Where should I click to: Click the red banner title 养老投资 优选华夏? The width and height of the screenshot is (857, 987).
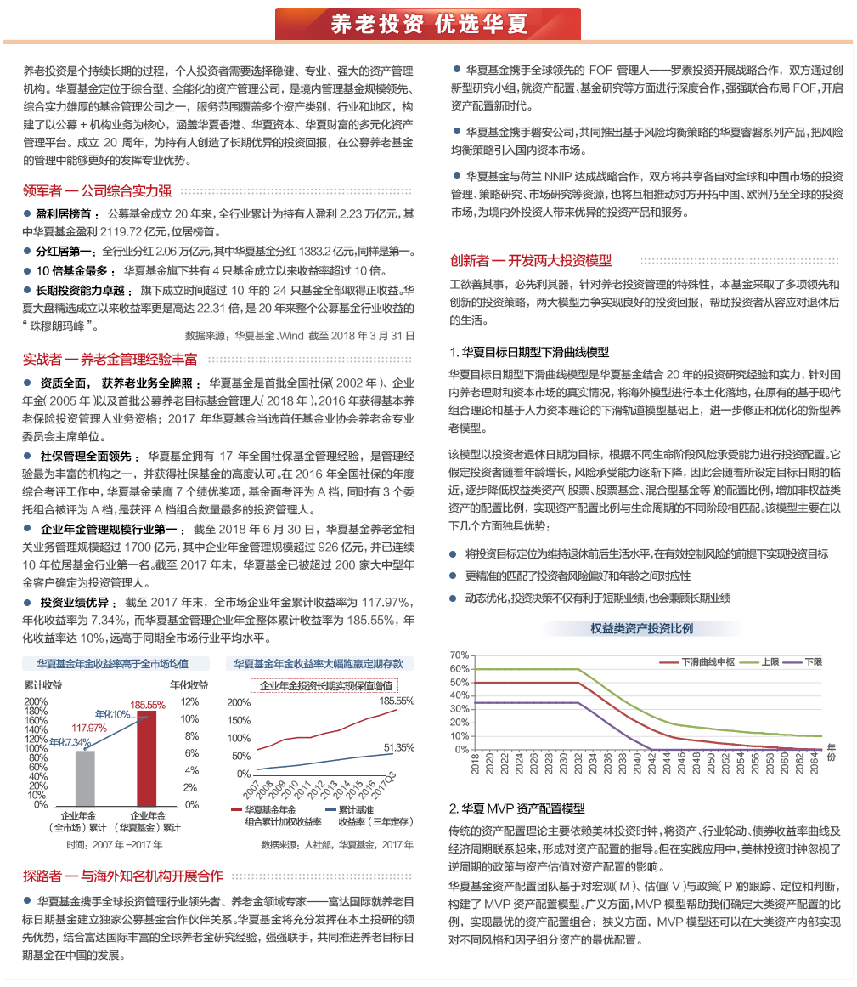[x=428, y=24]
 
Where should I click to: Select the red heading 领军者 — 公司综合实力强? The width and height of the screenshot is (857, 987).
[x=98, y=190]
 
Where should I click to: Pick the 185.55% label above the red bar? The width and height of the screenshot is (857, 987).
[x=148, y=704]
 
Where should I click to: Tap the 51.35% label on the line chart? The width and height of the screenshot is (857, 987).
[x=398, y=747]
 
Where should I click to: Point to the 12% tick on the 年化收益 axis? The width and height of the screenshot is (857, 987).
[x=191, y=701]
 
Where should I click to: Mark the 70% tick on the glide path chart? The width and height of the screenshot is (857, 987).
[x=460, y=655]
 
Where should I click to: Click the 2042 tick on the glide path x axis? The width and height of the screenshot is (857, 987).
[x=651, y=763]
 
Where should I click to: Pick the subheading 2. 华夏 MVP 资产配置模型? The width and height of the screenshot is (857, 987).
[x=516, y=808]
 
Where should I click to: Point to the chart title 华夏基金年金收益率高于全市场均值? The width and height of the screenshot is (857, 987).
[x=113, y=663]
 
